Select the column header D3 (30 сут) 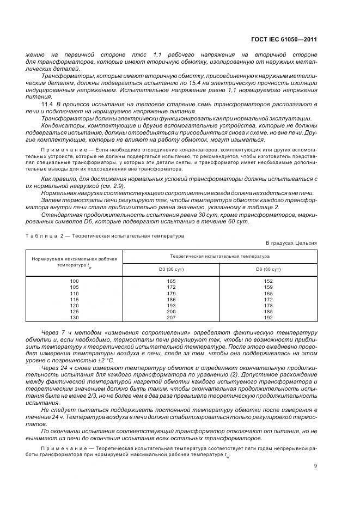pyautogui.click(x=171, y=269)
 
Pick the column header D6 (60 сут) pyautogui.click(x=268, y=269)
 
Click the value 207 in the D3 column pyautogui.click(x=171, y=317)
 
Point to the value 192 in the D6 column pyautogui.click(x=268, y=317)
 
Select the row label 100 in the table pyautogui.click(x=75, y=281)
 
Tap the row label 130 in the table pyautogui.click(x=75, y=317)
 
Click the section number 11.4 pyautogui.click(x=47, y=103)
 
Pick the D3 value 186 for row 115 pyautogui.click(x=171, y=299)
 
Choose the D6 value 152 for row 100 pyautogui.click(x=268, y=281)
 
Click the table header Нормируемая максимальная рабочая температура pyautogui.click(x=75, y=262)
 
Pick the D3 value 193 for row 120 pyautogui.click(x=171, y=305)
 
